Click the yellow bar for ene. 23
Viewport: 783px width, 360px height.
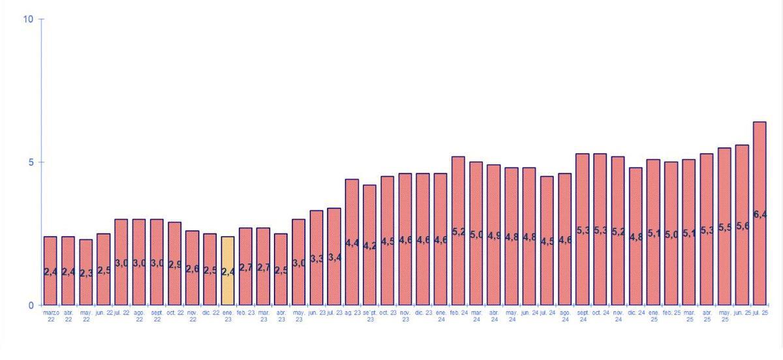[x=228, y=271]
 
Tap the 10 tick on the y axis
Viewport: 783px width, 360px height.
[x=28, y=19]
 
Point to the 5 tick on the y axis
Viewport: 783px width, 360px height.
[x=30, y=162]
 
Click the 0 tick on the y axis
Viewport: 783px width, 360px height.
[x=30, y=305]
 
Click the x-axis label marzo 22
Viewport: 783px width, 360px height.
[x=50, y=316]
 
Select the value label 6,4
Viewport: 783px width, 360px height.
[x=760, y=215]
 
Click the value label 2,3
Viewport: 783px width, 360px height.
[x=86, y=273]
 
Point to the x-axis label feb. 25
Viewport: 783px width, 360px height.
[x=671, y=313]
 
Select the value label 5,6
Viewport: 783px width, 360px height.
[x=743, y=226]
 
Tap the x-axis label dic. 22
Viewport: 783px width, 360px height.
[x=210, y=313]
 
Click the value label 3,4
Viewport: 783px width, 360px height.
[x=334, y=258]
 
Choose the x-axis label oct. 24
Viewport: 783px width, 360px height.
[x=600, y=313]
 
